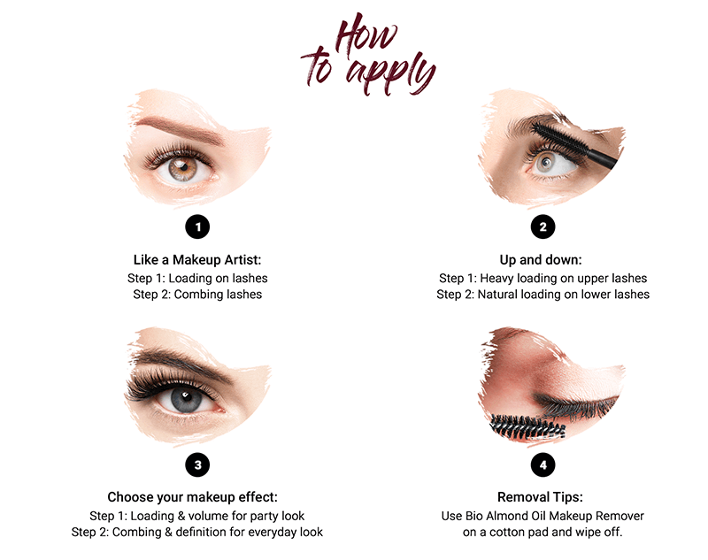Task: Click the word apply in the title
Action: [x=390, y=72]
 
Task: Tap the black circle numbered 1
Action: [x=197, y=226]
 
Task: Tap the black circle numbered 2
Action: [x=543, y=226]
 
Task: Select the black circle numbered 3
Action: [x=197, y=464]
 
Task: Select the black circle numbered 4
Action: [x=543, y=464]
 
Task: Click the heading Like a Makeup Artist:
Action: [x=197, y=260]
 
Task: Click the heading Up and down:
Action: [x=543, y=260]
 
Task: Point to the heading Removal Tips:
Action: [x=543, y=497]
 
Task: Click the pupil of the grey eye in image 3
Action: [x=182, y=399]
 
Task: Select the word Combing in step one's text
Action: [x=204, y=294]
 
